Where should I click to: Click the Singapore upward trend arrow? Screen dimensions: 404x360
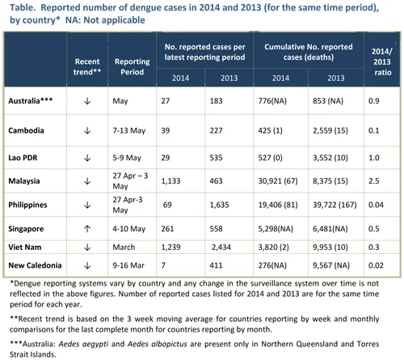pyautogui.click(x=87, y=229)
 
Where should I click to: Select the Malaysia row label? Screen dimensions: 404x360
pyautogui.click(x=24, y=180)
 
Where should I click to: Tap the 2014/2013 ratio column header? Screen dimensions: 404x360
pyautogui.click(x=382, y=61)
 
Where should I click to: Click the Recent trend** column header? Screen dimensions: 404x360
pyautogui.click(x=87, y=66)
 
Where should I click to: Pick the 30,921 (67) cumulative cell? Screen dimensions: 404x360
pyautogui.click(x=278, y=180)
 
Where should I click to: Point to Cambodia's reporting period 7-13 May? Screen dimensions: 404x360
pyautogui.click(x=129, y=130)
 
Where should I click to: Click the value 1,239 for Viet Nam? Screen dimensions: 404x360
pyautogui.click(x=170, y=248)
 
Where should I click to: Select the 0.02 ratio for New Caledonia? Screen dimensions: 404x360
pyautogui.click(x=376, y=265)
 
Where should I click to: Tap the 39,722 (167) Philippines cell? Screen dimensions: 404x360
pyautogui.click(x=335, y=205)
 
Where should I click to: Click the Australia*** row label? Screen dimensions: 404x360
pyautogui.click(x=31, y=101)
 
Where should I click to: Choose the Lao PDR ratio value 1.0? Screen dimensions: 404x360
pyautogui.click(x=374, y=158)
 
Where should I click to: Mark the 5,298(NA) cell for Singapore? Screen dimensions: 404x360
pyautogui.click(x=276, y=229)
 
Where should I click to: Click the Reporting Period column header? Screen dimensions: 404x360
pyautogui.click(x=132, y=66)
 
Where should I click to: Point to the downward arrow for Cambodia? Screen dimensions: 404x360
pyautogui.click(x=87, y=131)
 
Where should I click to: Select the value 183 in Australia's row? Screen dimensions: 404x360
pyautogui.click(x=216, y=101)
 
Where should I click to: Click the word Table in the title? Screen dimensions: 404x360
pyautogui.click(x=23, y=7)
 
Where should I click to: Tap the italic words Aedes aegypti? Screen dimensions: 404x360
pyautogui.click(x=83, y=344)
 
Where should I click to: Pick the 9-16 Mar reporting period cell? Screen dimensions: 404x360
pyautogui.click(x=128, y=265)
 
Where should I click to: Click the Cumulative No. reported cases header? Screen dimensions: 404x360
pyautogui.click(x=309, y=52)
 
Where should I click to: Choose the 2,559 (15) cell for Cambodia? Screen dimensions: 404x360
pyautogui.click(x=330, y=130)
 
